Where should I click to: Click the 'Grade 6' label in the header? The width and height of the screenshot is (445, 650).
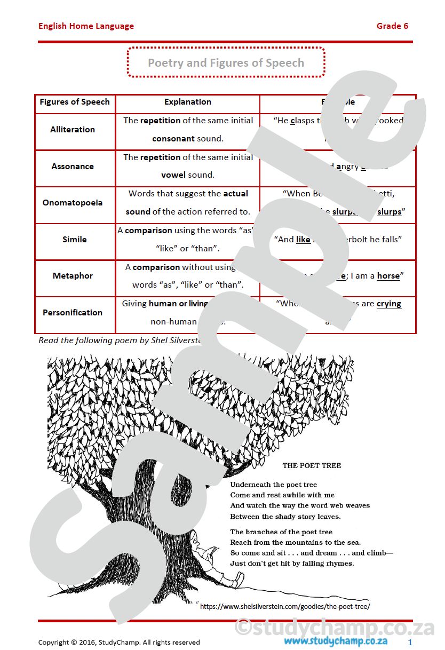pos(392,26)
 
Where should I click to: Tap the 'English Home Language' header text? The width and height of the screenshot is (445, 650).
pos(86,26)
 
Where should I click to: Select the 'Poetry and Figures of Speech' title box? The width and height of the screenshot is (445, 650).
pos(226,62)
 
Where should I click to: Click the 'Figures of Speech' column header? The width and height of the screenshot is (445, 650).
pos(75,102)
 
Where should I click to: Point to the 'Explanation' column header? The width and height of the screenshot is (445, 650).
pos(187,102)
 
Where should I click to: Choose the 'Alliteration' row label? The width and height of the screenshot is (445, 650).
pos(73,130)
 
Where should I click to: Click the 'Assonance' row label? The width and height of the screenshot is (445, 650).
pos(73,167)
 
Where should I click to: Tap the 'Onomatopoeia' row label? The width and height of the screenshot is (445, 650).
pos(73,203)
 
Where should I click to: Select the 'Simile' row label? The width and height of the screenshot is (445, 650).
pos(74,240)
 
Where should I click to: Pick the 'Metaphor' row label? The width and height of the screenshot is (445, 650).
pos(73,276)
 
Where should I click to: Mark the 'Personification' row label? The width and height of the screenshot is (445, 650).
pos(73,313)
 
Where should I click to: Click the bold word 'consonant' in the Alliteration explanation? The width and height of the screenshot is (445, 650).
pos(173,139)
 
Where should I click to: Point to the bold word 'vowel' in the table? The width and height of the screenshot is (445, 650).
pos(173,175)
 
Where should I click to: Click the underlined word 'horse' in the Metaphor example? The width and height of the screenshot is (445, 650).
pos(388,276)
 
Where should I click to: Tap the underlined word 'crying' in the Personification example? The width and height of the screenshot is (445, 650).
pos(388,304)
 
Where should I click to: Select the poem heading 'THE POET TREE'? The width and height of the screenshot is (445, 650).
pos(312,465)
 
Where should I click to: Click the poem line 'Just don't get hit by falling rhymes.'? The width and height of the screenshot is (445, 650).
pos(292,564)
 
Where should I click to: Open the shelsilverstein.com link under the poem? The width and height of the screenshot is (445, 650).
pos(285,606)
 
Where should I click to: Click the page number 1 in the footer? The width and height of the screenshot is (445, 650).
pos(410,643)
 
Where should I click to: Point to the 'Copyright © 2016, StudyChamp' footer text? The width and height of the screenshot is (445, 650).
pos(119,643)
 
